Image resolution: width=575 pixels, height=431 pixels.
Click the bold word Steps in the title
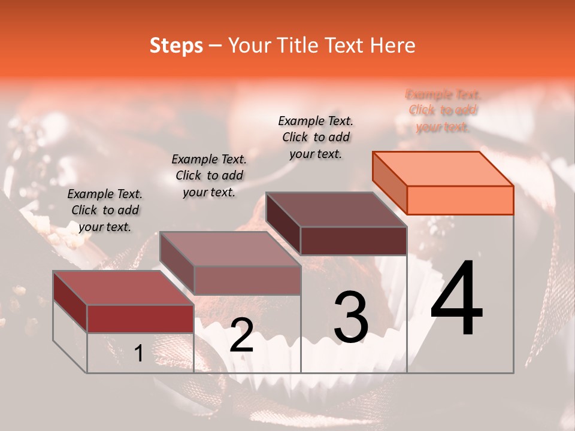coord(176,45)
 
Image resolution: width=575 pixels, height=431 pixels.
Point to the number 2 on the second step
coord(241,335)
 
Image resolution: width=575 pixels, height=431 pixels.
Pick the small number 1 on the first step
coord(138,354)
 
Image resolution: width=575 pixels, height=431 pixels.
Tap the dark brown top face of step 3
coord(335,209)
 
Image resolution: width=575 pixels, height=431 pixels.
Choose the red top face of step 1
coord(123,288)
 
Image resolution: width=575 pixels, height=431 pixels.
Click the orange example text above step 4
coord(443,111)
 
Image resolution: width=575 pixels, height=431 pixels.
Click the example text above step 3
coord(316,137)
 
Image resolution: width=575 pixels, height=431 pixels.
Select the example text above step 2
coord(209,175)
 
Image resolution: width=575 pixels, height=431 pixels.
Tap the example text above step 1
coord(105,210)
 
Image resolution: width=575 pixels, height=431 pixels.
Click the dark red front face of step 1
coord(140,318)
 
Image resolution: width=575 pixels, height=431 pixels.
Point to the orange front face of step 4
coord(460,200)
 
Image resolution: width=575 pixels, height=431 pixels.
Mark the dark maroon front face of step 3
coord(353,241)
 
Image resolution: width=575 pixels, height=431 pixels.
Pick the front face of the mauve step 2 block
coord(247,280)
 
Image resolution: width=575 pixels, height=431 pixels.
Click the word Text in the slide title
coord(350,45)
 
